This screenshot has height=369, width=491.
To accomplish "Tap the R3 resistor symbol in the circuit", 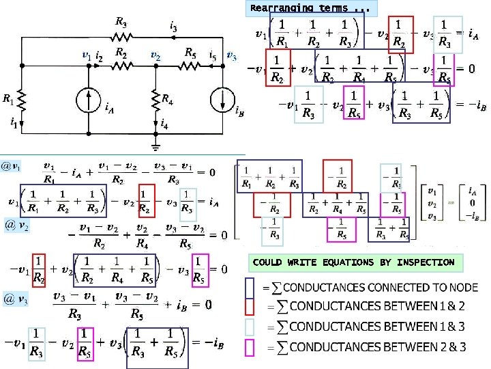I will pyautogui.click(x=121, y=36).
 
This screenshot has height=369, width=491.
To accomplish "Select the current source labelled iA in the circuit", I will pyautogui.click(x=90, y=100).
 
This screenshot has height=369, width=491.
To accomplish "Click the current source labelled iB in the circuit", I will pyautogui.click(x=222, y=100).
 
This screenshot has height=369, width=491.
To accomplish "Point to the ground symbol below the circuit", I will pyautogui.click(x=156, y=147).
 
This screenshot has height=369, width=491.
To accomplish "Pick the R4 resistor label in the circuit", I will pyautogui.click(x=168, y=100).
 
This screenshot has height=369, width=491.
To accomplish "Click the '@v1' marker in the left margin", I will pyautogui.click(x=10, y=166).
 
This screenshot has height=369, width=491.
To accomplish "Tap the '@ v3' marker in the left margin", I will pyautogui.click(x=16, y=299).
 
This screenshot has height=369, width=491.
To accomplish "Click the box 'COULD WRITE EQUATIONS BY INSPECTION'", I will pyautogui.click(x=353, y=262).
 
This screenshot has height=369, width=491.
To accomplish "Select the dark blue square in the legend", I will pyautogui.click(x=250, y=288).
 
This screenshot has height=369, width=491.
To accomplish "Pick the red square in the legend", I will pyautogui.click(x=250, y=307).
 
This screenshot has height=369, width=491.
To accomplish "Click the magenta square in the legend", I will pyautogui.click(x=250, y=347).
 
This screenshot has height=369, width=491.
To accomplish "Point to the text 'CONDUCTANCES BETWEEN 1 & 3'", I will pyautogui.click(x=378, y=327).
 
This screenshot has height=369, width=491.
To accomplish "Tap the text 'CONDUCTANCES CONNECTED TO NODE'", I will pyautogui.click(x=380, y=288).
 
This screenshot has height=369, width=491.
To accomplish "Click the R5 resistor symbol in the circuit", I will pyautogui.click(x=190, y=66).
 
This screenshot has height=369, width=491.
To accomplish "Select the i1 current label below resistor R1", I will pyautogui.click(x=14, y=123).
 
